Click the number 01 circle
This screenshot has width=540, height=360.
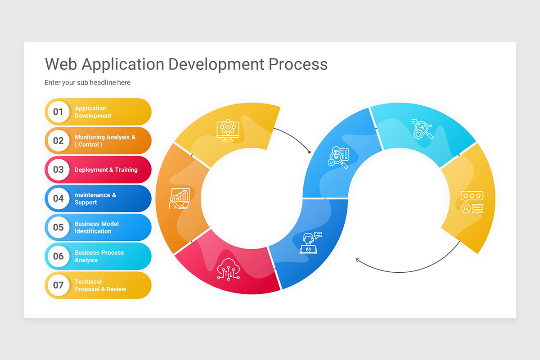click(58, 112)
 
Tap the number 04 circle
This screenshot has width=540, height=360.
click(58, 198)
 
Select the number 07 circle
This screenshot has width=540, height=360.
click(58, 285)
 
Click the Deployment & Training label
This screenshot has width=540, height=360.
click(106, 170)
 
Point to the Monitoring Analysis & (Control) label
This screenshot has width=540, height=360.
click(105, 141)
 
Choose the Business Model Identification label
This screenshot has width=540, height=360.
click(97, 227)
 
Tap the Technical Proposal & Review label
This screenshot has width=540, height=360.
click(100, 285)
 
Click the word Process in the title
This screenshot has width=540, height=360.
click(298, 64)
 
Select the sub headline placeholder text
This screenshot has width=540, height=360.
click(87, 82)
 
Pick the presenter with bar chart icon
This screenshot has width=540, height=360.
click(180, 198)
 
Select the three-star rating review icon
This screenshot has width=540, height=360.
click(472, 202)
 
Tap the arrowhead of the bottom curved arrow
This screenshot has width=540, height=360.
click(357, 260)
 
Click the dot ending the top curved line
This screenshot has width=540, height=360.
click(310, 152)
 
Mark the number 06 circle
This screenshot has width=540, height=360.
click(58, 256)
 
